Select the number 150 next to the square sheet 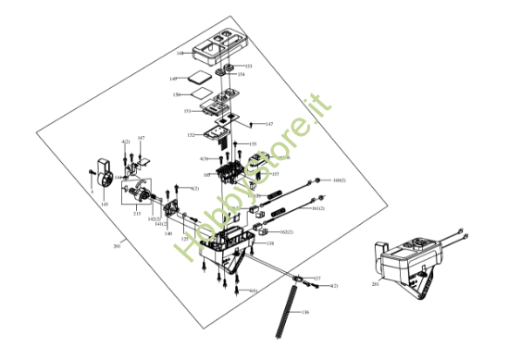click(x=188, y=95)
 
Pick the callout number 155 click(x=253, y=144)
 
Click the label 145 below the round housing click(x=105, y=204)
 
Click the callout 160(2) click(x=339, y=180)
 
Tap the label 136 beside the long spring click(x=306, y=313)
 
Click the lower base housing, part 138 click(x=231, y=248)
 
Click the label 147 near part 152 click(x=269, y=123)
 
